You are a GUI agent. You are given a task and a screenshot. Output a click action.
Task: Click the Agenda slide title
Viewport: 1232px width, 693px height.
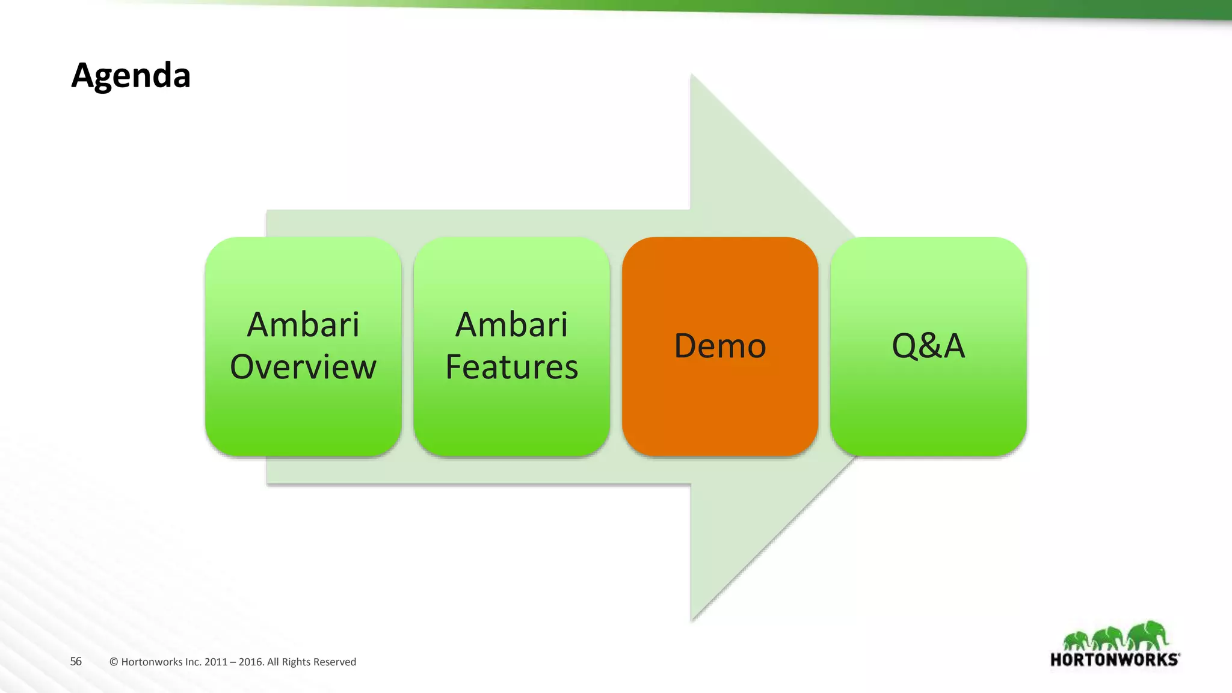coord(131,76)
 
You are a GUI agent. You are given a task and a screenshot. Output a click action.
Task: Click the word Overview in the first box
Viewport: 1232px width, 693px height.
coord(303,367)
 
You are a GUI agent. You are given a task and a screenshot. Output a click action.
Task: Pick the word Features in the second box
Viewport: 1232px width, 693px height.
coord(511,367)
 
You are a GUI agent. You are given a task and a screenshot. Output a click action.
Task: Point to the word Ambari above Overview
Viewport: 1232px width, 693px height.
coord(303,325)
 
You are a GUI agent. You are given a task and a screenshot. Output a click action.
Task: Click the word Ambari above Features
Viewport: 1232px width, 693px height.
coord(511,325)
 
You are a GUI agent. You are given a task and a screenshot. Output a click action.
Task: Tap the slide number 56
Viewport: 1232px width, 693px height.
coord(76,661)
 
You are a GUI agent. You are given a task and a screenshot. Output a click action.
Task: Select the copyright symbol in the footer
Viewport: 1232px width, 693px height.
coord(114,662)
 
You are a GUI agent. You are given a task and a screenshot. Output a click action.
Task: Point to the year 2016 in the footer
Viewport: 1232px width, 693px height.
coord(250,662)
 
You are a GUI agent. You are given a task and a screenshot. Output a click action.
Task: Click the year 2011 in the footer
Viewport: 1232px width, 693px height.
coord(215,662)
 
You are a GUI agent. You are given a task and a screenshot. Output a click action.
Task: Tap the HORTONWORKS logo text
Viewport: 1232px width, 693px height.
coord(1114,660)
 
